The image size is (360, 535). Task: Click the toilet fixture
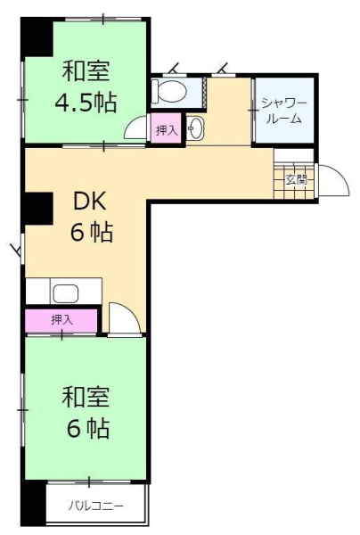[x=169, y=91]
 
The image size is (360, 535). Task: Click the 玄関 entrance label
[x=296, y=177]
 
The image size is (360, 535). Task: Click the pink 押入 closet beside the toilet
[x=166, y=130]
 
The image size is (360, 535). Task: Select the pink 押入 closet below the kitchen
[x=61, y=319]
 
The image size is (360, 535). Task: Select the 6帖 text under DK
[x=91, y=234]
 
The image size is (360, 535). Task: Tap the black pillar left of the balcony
[x=34, y=504]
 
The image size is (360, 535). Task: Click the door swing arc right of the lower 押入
[x=121, y=318]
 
